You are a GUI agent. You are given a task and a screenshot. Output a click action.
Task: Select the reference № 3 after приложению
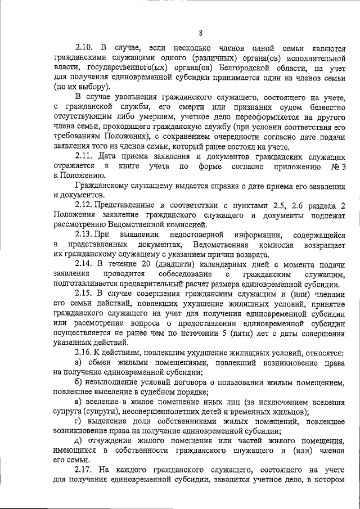337,166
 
